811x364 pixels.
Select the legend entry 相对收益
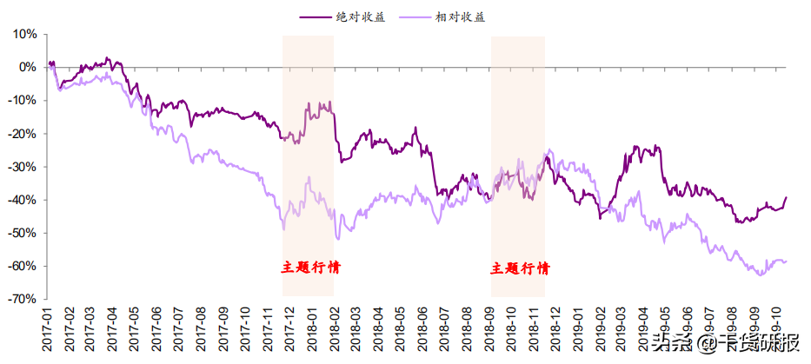click(x=460, y=16)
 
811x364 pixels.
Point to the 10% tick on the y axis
click(x=25, y=34)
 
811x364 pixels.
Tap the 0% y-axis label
click(x=28, y=67)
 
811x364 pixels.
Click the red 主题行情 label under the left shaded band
click(x=310, y=267)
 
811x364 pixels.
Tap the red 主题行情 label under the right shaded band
click(x=519, y=268)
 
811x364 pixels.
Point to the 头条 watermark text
click(x=673, y=343)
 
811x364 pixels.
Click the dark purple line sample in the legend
click(x=316, y=16)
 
